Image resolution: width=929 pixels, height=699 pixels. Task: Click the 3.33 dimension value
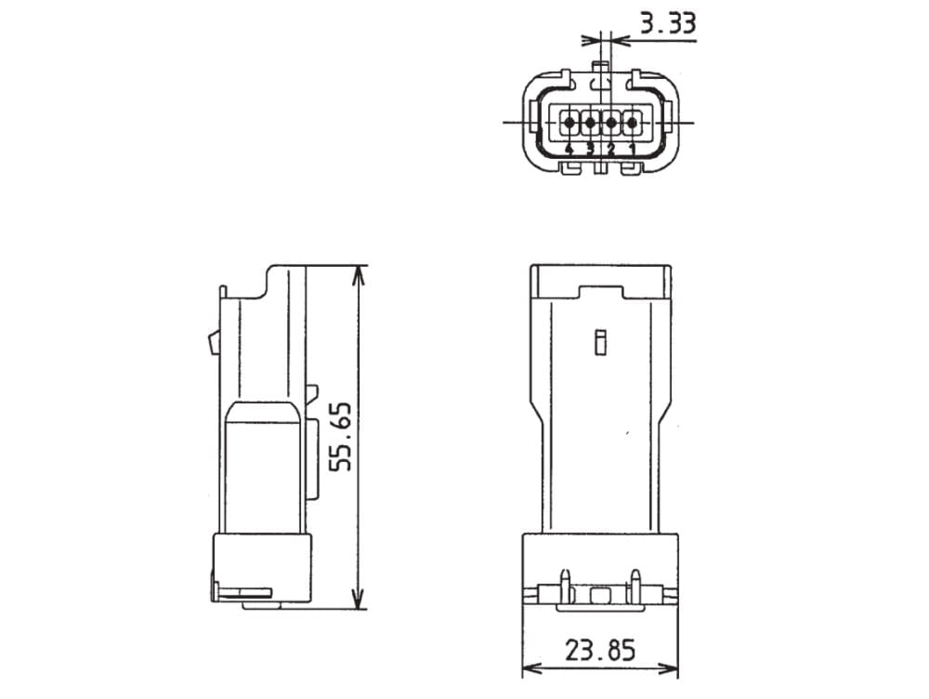668,24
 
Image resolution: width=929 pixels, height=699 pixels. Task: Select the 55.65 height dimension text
340,438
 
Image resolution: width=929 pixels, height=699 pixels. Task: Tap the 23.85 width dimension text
599,650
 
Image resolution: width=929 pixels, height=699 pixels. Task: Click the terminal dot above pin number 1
632,123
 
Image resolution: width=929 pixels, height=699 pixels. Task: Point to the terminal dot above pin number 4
569,123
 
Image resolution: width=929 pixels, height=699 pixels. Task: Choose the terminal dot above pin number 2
611,123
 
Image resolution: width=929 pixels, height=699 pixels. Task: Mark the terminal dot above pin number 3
590,123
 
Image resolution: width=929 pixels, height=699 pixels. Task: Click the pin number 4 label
569,149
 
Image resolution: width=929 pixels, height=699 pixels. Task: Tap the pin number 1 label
632,149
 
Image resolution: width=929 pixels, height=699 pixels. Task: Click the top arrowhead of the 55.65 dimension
359,276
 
